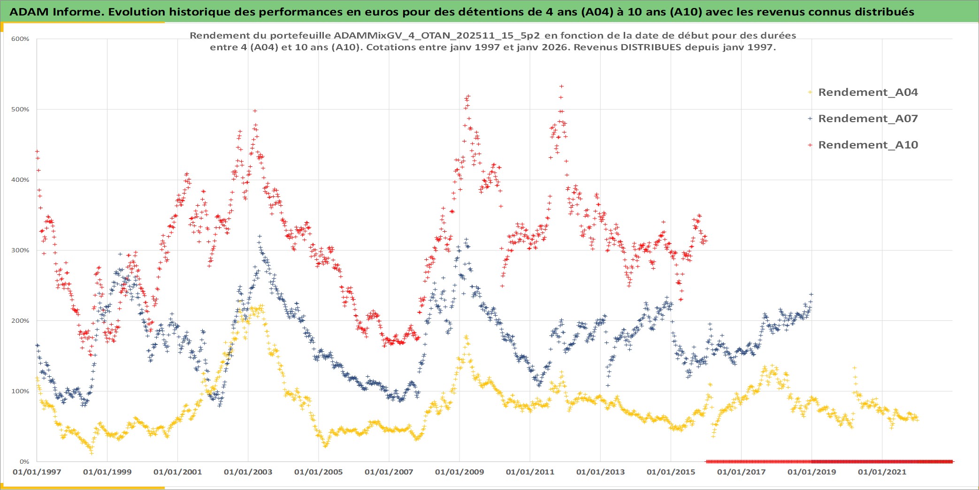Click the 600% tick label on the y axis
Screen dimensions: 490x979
click(20, 39)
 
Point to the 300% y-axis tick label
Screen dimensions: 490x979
click(20, 250)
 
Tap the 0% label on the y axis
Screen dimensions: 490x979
click(24, 462)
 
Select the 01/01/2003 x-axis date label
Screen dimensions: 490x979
click(248, 472)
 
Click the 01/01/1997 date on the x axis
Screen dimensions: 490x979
click(37, 472)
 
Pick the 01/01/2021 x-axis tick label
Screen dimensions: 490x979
click(882, 472)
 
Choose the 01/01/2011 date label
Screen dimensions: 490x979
click(530, 472)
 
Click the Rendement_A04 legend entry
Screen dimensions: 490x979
click(868, 93)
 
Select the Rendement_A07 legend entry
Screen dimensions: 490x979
click(868, 119)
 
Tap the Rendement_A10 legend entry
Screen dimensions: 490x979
click(868, 145)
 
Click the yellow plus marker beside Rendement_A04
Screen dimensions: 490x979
click(810, 93)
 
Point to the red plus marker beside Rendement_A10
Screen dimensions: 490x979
click(810, 145)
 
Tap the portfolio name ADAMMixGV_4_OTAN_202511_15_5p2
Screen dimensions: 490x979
click(436, 36)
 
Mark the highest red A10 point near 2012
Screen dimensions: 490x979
click(561, 86)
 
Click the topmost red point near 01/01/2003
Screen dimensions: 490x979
click(255, 111)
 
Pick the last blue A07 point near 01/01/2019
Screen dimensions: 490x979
click(811, 295)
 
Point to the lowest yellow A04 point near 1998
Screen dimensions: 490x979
click(92, 453)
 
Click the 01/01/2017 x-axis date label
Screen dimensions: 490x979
click(741, 472)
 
